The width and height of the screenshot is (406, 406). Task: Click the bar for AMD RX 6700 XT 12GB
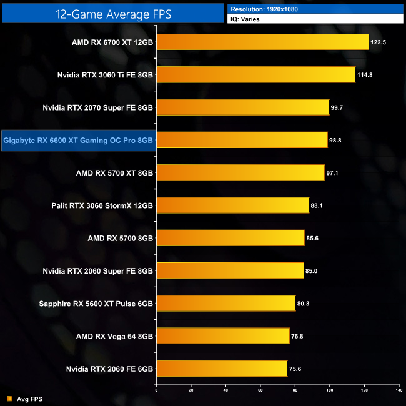262,42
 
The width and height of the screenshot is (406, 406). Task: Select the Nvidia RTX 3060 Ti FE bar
255,74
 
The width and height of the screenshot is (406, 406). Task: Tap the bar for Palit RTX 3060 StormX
232,205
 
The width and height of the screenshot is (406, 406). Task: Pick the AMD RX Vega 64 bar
222,335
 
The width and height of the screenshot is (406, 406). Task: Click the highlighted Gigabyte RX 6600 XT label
78,140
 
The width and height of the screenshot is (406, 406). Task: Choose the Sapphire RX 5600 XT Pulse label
96,304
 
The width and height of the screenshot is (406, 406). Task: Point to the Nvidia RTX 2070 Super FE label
98,107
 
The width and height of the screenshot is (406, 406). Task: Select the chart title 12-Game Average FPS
112,12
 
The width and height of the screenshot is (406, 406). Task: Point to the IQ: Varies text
246,20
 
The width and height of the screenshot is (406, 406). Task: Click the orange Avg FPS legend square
9,399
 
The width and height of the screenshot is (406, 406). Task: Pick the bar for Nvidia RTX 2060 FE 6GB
221,369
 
